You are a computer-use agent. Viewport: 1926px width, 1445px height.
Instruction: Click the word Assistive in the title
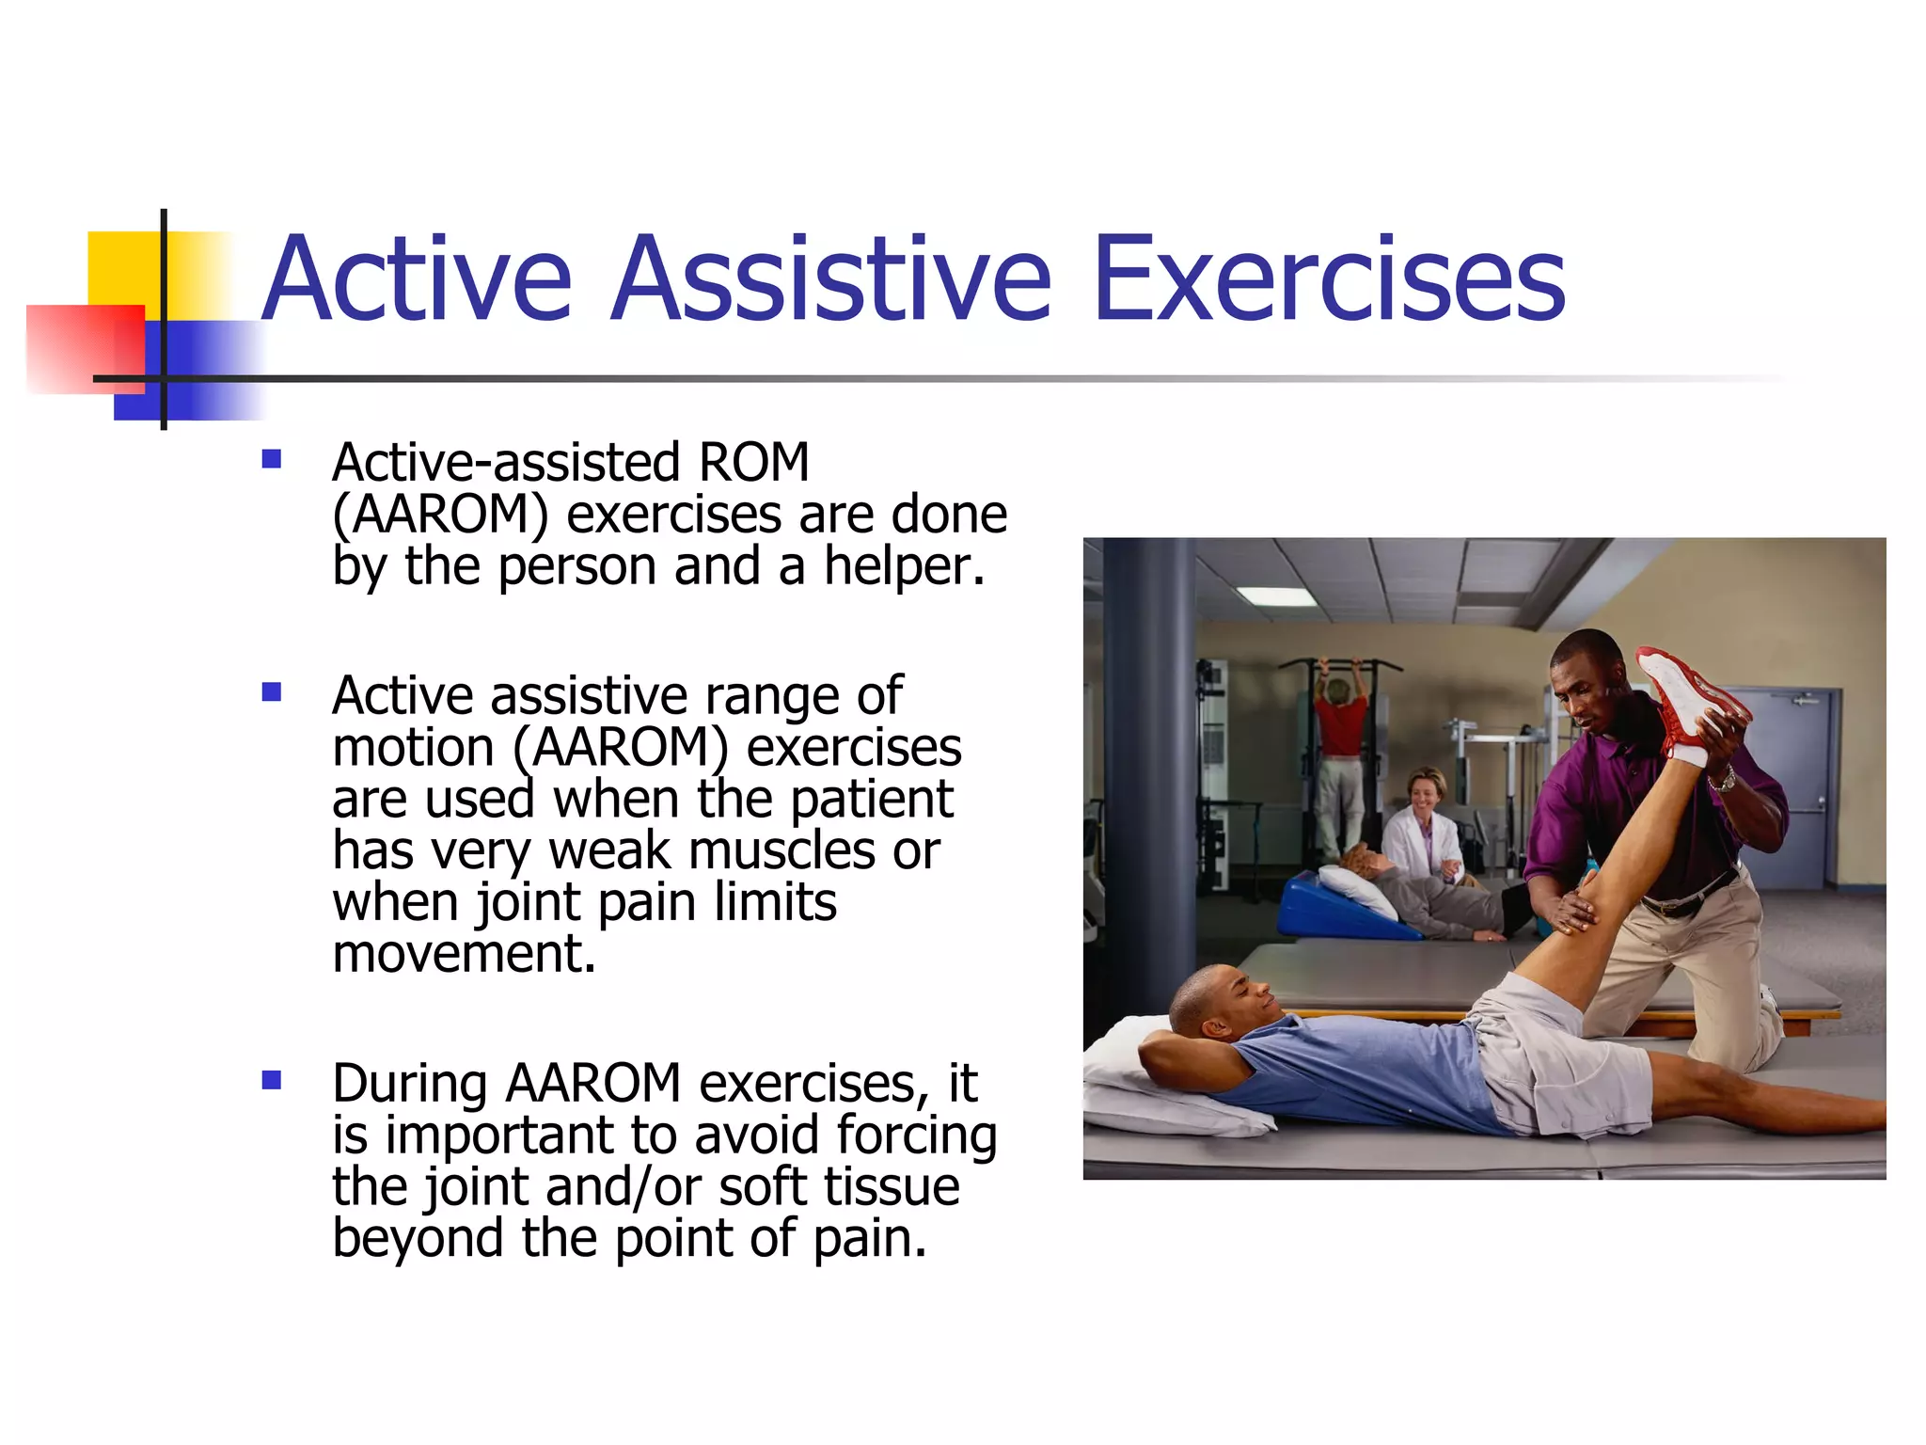[x=831, y=280]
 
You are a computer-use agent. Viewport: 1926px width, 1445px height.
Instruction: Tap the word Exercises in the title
[x=1328, y=280]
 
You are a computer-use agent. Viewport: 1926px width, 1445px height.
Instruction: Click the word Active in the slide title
[x=417, y=280]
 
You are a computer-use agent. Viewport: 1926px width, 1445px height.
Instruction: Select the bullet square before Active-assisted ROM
[x=272, y=459]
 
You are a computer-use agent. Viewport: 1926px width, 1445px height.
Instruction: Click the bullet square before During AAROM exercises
[x=272, y=1080]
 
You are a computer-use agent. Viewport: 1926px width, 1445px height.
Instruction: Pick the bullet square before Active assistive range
[x=272, y=692]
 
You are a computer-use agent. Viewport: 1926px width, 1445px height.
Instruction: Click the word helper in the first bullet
[x=903, y=566]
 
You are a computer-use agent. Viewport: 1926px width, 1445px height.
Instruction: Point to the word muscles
[x=782, y=850]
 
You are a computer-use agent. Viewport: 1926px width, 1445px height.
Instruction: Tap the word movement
[x=464, y=954]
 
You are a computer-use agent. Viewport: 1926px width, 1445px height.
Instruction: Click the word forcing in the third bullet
[x=916, y=1135]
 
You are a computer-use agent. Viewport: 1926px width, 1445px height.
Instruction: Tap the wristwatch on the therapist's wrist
[x=1722, y=780]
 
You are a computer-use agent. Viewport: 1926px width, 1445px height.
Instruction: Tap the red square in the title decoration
[x=85, y=348]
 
